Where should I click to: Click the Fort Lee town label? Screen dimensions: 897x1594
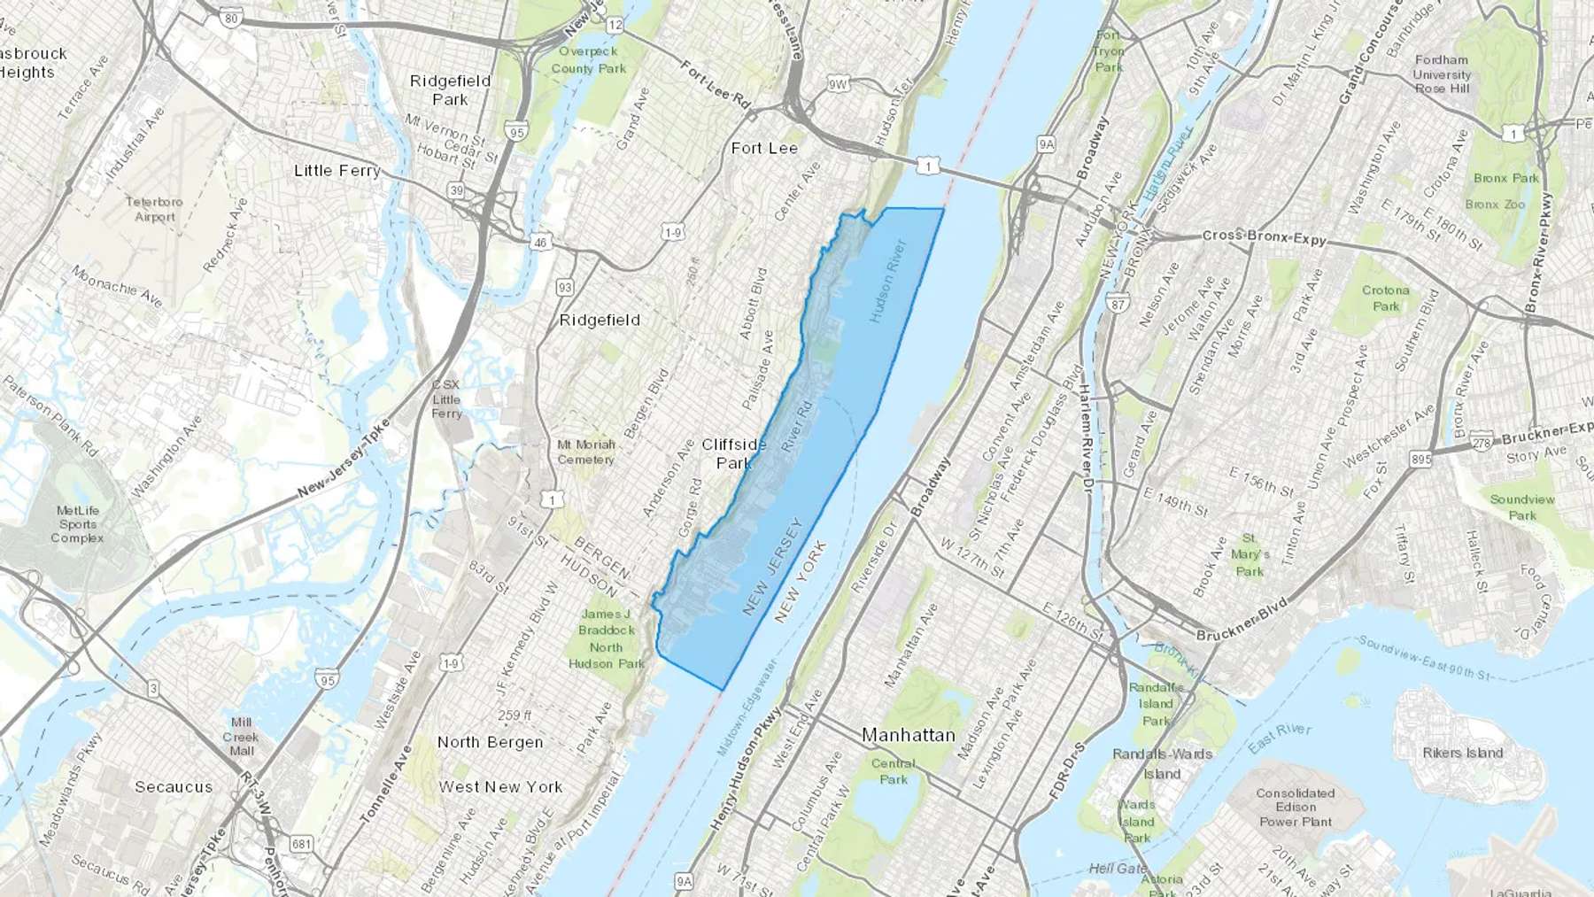[764, 148]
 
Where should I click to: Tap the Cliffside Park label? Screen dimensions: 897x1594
[734, 452]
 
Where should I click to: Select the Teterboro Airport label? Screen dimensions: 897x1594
[154, 209]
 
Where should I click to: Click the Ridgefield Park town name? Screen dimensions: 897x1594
[450, 89]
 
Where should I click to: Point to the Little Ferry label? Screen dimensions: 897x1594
[337, 170]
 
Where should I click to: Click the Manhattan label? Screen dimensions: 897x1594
[909, 735]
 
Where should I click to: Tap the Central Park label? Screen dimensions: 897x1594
[893, 771]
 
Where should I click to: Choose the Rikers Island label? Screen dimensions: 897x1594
[1462, 753]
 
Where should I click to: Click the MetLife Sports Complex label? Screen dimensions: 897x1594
[78, 523]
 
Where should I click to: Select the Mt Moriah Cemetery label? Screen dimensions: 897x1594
[585, 452]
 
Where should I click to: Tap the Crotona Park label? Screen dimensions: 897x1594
[1386, 298]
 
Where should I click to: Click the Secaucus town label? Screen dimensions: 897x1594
[174, 786]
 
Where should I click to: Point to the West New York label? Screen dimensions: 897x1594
[500, 786]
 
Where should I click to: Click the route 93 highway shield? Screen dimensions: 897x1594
[565, 287]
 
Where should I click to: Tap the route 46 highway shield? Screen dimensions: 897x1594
[540, 242]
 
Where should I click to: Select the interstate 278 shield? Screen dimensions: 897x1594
[1482, 443]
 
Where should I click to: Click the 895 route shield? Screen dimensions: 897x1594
[1420, 459]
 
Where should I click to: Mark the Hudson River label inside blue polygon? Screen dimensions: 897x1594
[887, 280]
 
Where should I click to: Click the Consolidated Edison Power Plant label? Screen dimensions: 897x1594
[1295, 807]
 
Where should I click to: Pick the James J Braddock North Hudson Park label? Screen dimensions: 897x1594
[607, 638]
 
